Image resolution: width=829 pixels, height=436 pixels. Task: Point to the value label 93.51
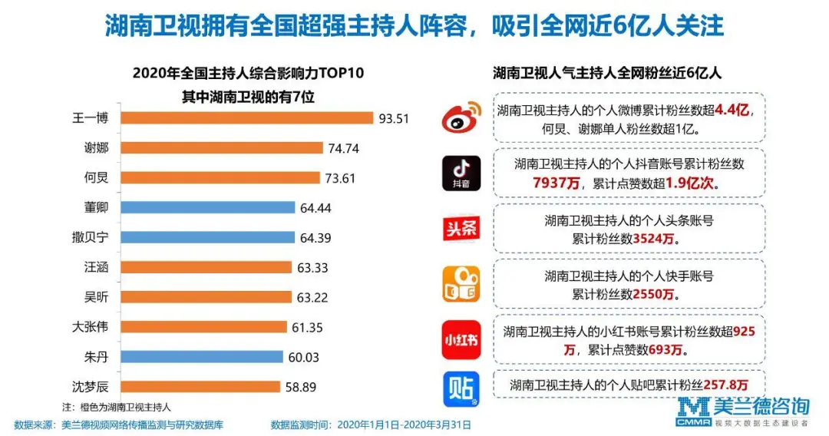393,118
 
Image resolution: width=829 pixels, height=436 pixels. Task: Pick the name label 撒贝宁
90,237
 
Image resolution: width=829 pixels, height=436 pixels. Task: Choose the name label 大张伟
90,327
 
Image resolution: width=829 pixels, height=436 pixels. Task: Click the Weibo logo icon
461,119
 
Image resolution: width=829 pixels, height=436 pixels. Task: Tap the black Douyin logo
461,173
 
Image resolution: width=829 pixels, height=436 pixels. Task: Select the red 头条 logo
461,229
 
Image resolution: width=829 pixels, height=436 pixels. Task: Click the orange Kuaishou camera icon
461,283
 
